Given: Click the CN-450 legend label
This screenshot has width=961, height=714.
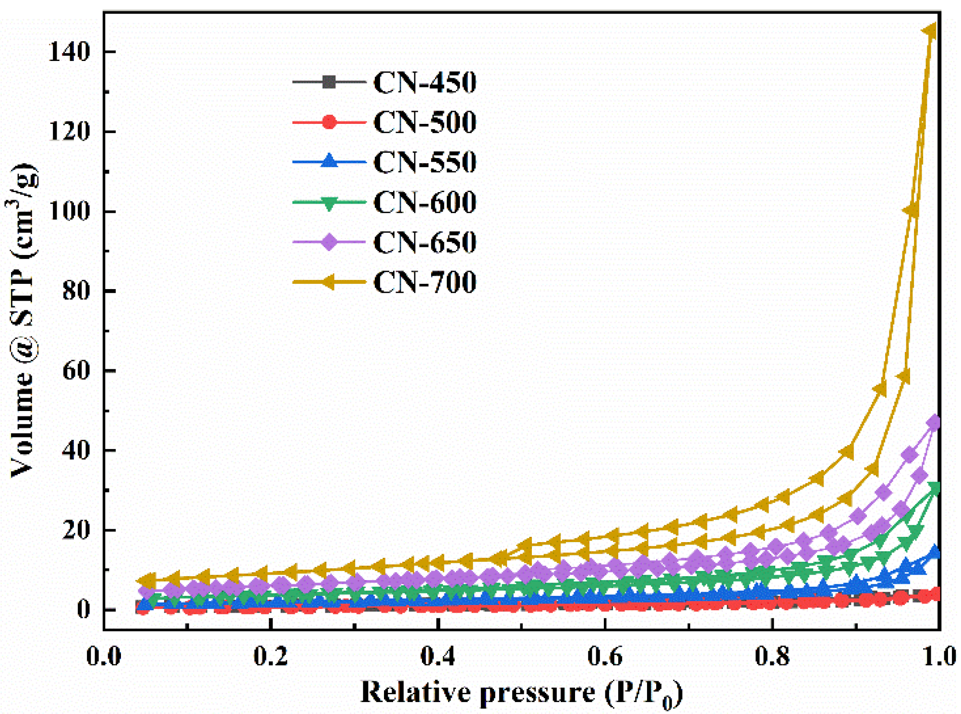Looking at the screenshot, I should [424, 82].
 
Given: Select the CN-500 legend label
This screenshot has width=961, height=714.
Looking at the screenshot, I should [424, 122].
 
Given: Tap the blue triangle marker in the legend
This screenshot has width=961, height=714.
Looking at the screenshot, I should [329, 161].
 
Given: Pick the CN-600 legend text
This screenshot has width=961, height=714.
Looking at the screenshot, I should [424, 202].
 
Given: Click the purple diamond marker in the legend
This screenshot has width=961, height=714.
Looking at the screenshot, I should [329, 242].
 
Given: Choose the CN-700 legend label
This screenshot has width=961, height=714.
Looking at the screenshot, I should [424, 282].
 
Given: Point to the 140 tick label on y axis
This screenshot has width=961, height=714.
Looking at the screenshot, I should [69, 52].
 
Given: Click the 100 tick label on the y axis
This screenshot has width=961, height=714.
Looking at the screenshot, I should [69, 211].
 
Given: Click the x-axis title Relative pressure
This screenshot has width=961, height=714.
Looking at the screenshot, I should [521, 693].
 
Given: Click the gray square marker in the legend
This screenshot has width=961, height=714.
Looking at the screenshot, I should [329, 82].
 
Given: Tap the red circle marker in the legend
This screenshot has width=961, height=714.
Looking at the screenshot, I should [329, 122].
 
